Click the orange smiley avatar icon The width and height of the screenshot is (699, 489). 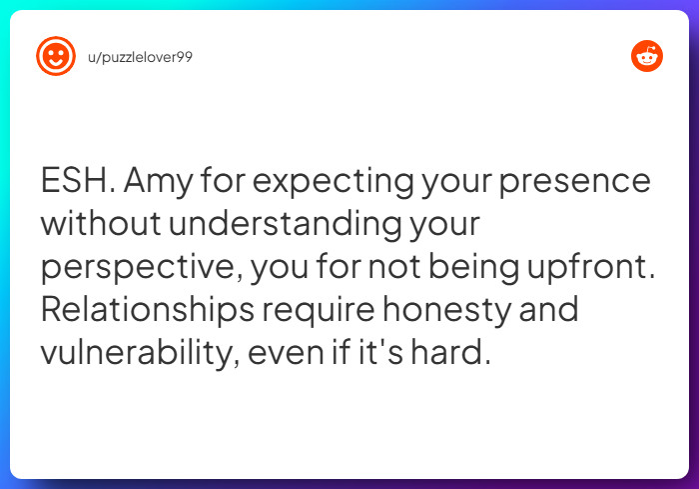point(56,56)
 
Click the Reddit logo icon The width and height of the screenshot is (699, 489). point(647,56)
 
